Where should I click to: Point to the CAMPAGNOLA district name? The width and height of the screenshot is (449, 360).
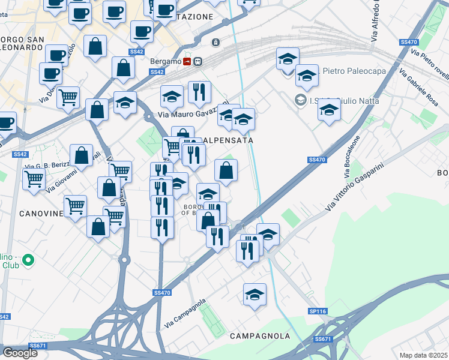click(x=259, y=336)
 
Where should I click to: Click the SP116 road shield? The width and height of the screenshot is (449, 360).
click(x=318, y=311)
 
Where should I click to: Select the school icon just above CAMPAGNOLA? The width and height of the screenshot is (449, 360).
click(x=255, y=295)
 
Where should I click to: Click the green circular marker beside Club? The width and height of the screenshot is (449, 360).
click(x=28, y=260)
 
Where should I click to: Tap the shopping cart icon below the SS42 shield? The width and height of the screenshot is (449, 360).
click(x=34, y=178)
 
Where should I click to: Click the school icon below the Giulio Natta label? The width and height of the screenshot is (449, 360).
click(x=329, y=111)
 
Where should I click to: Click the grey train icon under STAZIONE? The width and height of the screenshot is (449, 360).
click(x=215, y=43)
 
